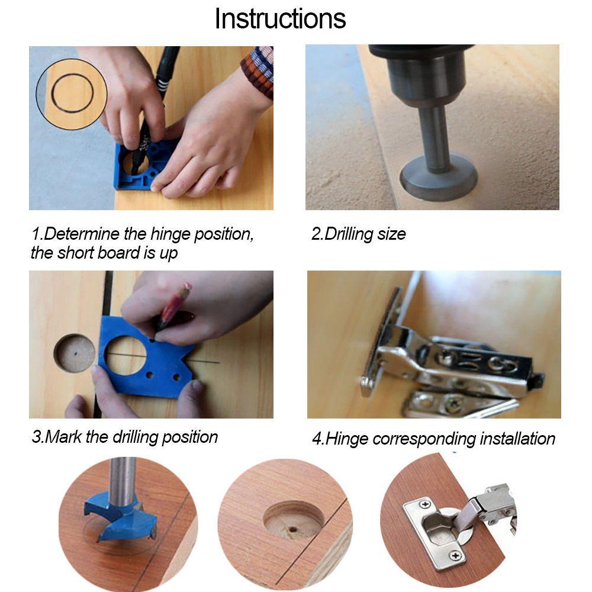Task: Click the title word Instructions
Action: pyautogui.click(x=280, y=18)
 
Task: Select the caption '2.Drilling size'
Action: pyautogui.click(x=358, y=234)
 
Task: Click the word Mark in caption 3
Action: pyautogui.click(x=63, y=437)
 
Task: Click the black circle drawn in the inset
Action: pyautogui.click(x=72, y=93)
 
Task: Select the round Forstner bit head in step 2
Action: pyautogui.click(x=438, y=178)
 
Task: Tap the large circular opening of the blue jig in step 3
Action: pyautogui.click(x=126, y=355)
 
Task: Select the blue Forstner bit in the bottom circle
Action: pyautogui.click(x=120, y=517)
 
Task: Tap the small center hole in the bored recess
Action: pyautogui.click(x=292, y=529)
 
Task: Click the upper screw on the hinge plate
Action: pyautogui.click(x=425, y=504)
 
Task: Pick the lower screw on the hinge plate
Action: pyautogui.click(x=456, y=555)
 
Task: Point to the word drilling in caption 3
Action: pyautogui.click(x=136, y=437)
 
